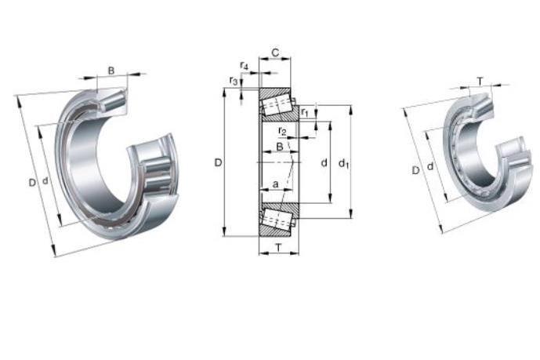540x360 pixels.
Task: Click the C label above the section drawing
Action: (x=275, y=53)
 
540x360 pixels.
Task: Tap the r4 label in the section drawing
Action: (x=245, y=65)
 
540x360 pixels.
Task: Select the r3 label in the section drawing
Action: (x=234, y=81)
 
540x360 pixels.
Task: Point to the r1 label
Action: (x=305, y=112)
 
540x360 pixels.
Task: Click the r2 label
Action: (x=282, y=131)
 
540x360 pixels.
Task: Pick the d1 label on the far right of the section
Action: (x=344, y=163)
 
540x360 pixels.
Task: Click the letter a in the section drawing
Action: (x=276, y=184)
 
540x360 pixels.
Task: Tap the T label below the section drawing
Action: (x=278, y=247)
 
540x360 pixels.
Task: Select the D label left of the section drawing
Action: (x=219, y=162)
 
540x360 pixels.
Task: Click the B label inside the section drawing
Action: (x=280, y=147)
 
